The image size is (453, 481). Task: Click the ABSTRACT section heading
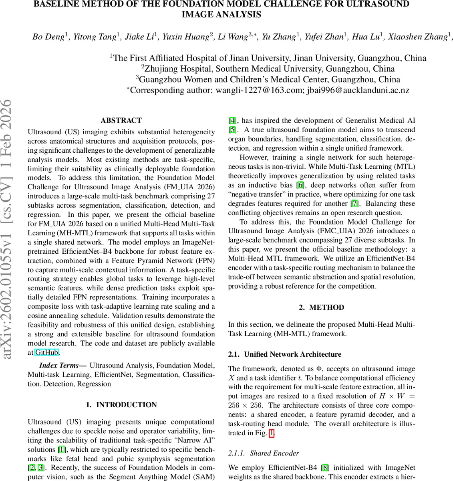point(121,120)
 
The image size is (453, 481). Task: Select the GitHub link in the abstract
point(47,353)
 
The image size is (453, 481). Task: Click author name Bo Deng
point(48,37)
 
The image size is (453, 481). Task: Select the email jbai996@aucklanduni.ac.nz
point(358,90)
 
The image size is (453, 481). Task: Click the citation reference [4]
point(233,121)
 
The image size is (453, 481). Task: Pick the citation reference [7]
point(354,204)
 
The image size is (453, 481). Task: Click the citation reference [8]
point(326,467)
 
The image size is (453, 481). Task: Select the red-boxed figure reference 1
point(272,433)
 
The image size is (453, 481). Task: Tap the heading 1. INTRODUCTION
point(121,405)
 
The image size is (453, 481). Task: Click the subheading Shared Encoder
point(274,453)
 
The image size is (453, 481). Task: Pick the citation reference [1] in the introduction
point(62,450)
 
